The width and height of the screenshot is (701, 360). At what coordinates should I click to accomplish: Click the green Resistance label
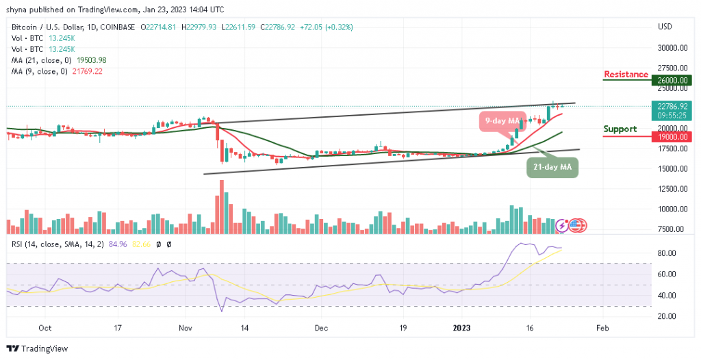(626, 74)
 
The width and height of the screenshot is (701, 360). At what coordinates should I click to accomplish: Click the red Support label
(620, 129)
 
